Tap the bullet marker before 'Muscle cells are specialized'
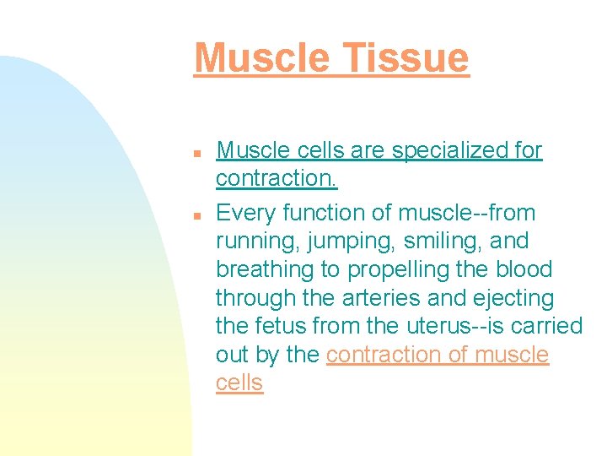(x=196, y=155)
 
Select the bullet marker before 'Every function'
(x=196, y=215)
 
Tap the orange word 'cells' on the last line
(x=239, y=383)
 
